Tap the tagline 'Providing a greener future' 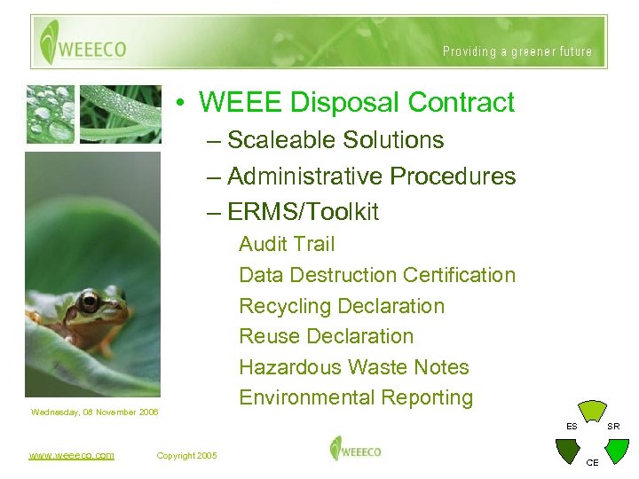pos(517,51)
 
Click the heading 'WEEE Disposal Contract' pos(356,102)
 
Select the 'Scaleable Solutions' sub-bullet pos(335,140)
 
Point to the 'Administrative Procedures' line pos(370,176)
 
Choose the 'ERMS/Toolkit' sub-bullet pos(302,212)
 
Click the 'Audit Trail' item pos(287,244)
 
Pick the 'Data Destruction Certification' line pos(376,275)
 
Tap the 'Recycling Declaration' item pos(341,306)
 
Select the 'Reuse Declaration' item pos(326,336)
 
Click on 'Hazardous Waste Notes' pos(353,367)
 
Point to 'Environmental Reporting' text pos(355,397)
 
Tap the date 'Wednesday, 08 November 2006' pos(94,412)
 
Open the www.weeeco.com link pos(71,455)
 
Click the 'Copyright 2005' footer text pos(186,456)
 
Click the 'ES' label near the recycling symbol pos(572,427)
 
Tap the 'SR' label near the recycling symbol pos(613,427)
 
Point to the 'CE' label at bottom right pos(592,463)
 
